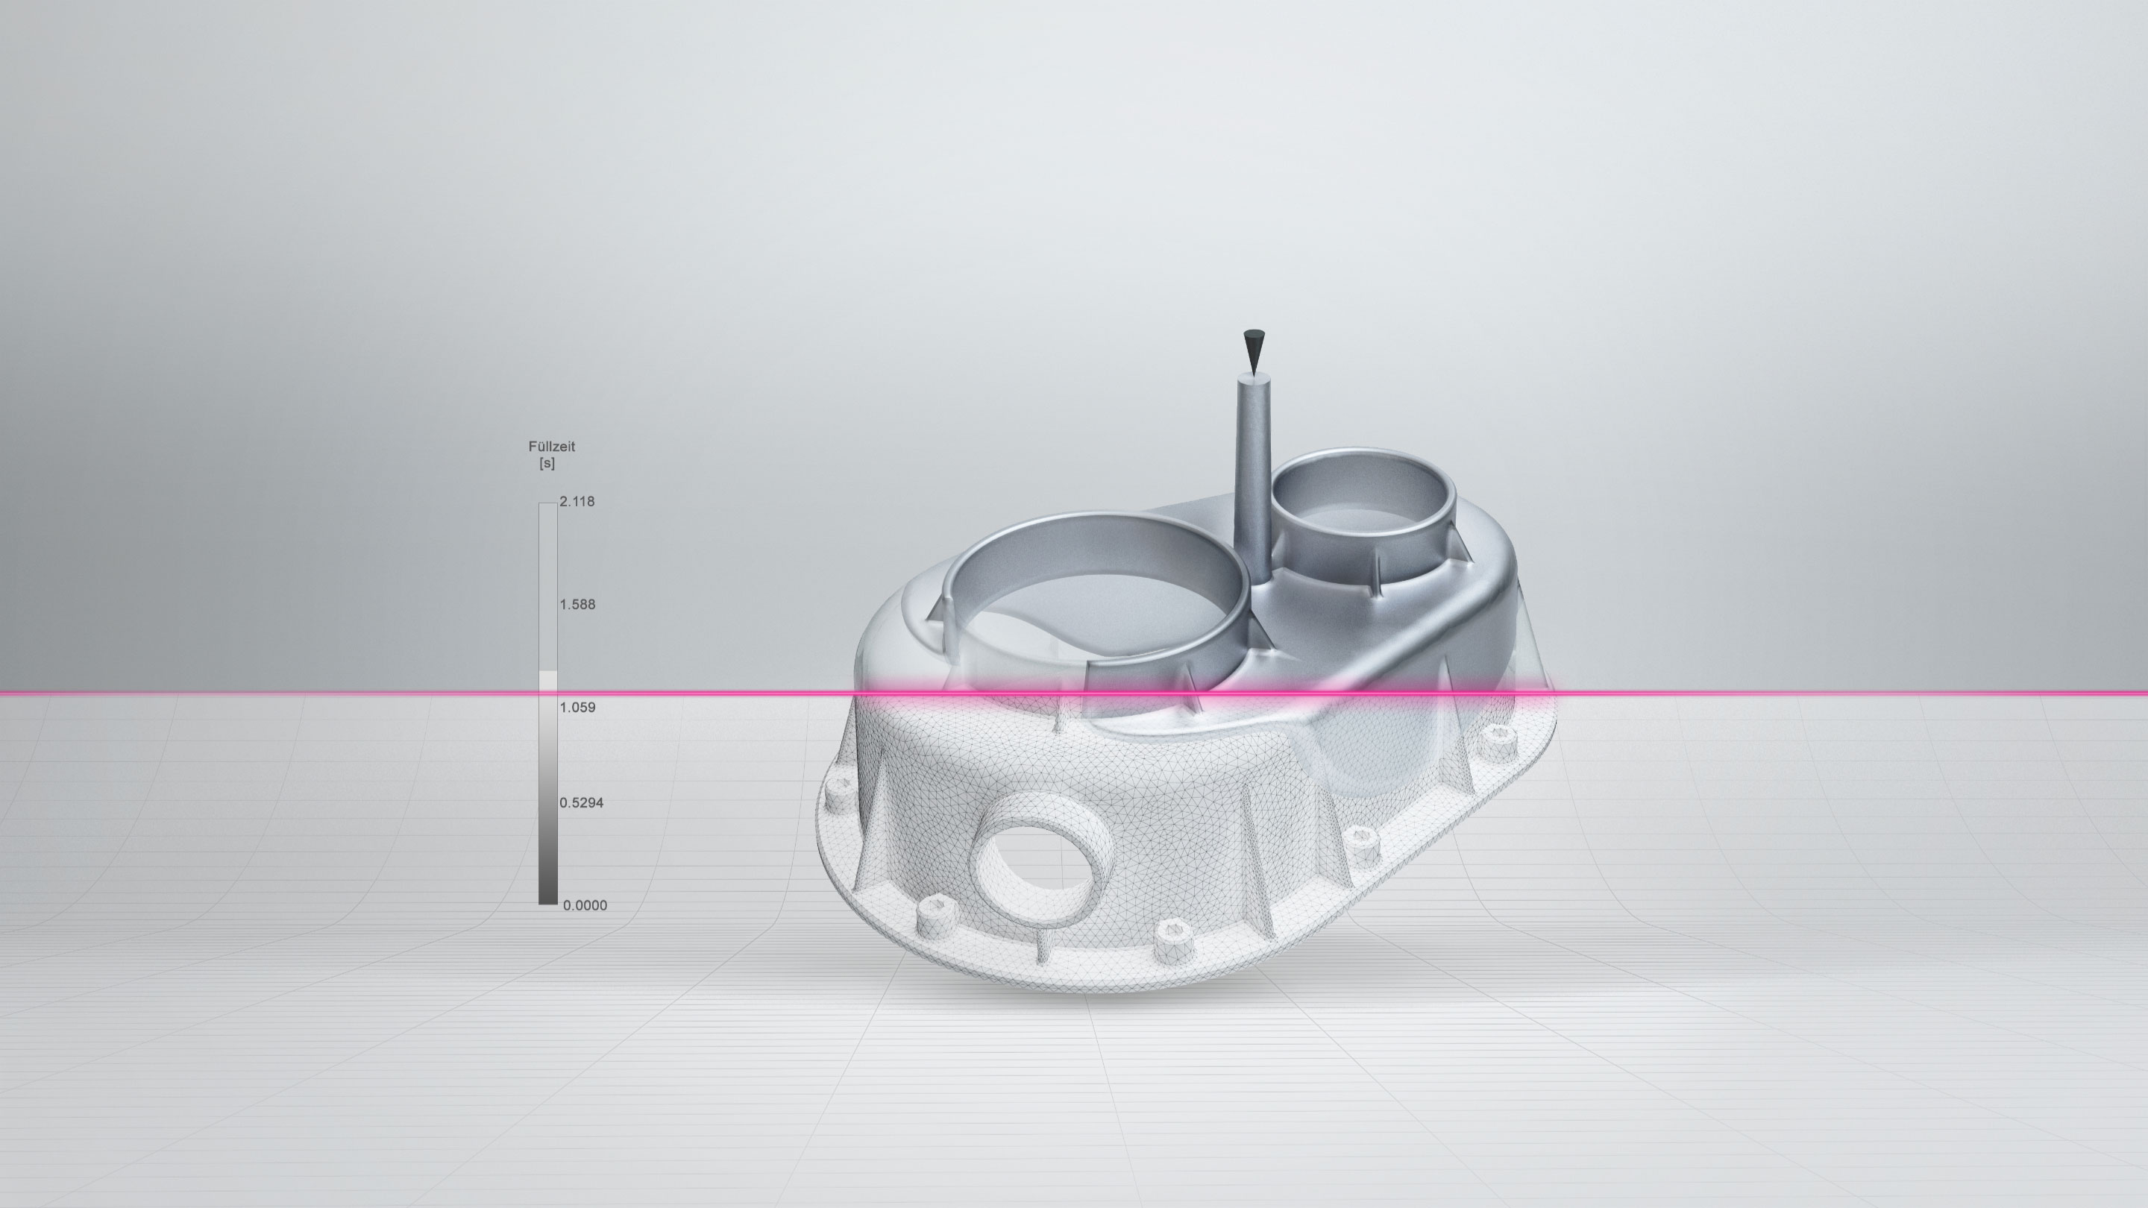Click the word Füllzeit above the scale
pos(551,447)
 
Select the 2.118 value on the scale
pos(577,502)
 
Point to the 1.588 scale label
pos(577,605)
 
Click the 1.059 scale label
pos(577,708)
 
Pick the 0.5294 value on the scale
pos(581,804)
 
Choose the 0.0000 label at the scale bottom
pos(585,906)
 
